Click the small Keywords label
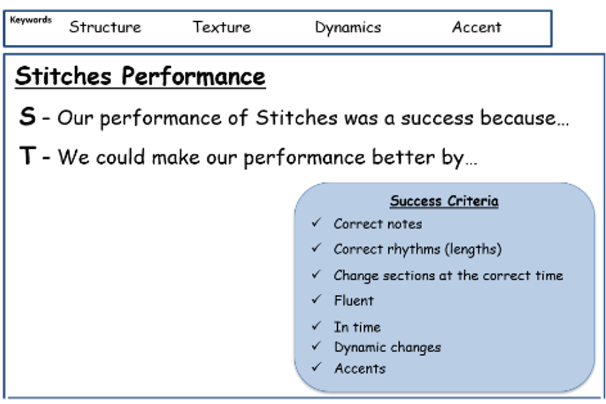(x=31, y=19)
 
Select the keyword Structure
(x=105, y=27)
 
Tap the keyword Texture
(x=222, y=27)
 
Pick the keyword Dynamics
(x=348, y=28)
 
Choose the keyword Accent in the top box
(x=477, y=27)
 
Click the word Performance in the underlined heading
(x=194, y=76)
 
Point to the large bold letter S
(x=27, y=116)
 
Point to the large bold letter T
(x=28, y=155)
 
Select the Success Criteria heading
(x=444, y=200)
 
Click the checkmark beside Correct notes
(x=316, y=222)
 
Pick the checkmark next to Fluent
(x=316, y=299)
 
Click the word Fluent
(x=354, y=300)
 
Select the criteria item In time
(x=357, y=327)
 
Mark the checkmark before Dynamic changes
(x=316, y=345)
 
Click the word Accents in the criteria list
(x=360, y=368)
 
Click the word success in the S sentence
(x=437, y=118)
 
